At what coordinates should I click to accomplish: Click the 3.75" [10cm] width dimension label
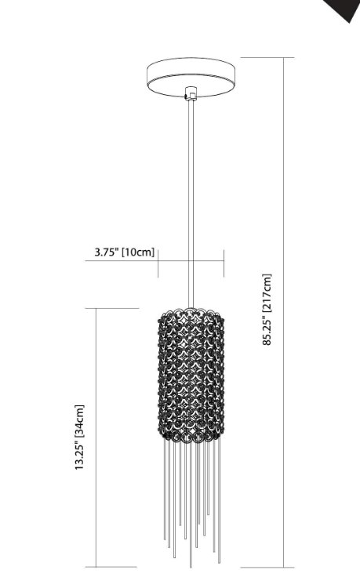point(124,252)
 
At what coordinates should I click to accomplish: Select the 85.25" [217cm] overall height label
point(267,310)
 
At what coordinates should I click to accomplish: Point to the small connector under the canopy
point(188,96)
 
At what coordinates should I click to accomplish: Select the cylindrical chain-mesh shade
point(191,373)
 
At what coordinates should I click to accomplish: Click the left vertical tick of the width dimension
point(158,263)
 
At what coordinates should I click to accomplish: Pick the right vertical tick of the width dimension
point(224,263)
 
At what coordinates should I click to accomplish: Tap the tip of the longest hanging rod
point(191,565)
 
